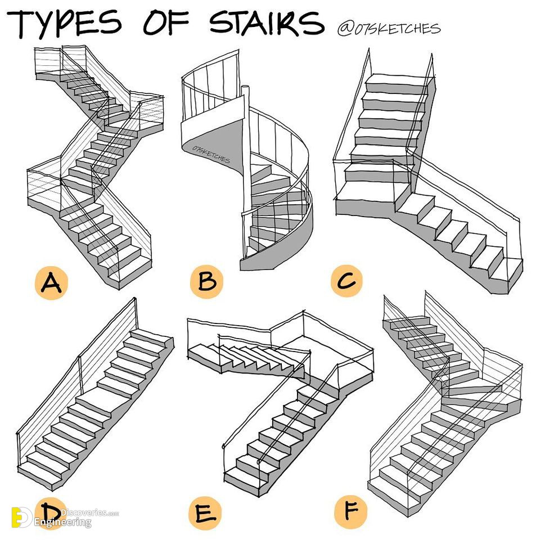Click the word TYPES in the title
[64, 24]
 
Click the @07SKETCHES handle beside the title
[389, 29]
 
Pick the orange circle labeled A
[51, 283]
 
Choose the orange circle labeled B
[206, 281]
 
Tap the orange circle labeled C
[347, 280]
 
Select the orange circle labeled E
[205, 513]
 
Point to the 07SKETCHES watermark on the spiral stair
[211, 154]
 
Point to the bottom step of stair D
[41, 475]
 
